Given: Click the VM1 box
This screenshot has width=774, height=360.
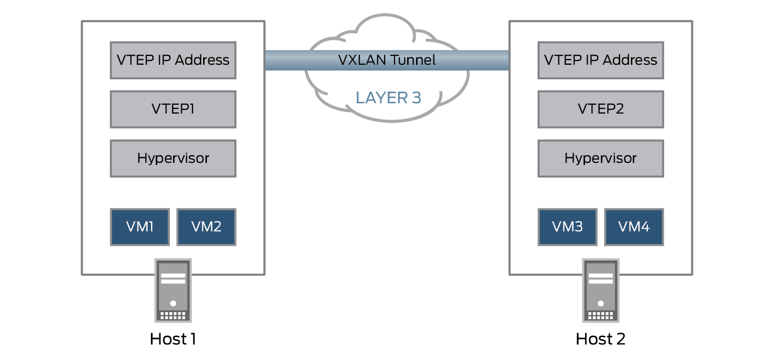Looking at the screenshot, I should tap(140, 227).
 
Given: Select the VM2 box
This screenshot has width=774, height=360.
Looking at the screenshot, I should tap(206, 227).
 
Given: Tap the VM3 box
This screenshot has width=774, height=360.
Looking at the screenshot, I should tap(568, 227).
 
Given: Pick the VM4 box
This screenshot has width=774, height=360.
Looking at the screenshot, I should tap(634, 227).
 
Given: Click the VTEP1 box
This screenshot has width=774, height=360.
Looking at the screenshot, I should tap(173, 109).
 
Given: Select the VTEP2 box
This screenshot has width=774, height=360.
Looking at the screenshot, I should tap(600, 109).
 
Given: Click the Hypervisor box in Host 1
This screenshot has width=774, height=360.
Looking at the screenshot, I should tap(173, 159).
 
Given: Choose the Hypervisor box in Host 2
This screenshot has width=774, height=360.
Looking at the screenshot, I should tap(600, 159).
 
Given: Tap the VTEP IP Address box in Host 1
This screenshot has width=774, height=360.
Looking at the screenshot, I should tap(173, 61).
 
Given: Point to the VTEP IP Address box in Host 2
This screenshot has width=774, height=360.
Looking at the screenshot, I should tap(600, 61).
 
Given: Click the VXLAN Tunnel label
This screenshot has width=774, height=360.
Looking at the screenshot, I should tap(387, 60).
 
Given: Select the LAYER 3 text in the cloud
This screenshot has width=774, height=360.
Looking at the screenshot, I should tap(388, 98).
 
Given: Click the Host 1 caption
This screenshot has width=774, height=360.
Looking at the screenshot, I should tap(173, 339).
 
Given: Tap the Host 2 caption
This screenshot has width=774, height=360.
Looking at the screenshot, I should tap(600, 339).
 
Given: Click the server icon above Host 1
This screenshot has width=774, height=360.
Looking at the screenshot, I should tap(173, 290).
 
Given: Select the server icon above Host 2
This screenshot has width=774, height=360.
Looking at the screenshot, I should tap(601, 290).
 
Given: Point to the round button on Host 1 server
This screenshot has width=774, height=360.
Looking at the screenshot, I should tap(173, 303).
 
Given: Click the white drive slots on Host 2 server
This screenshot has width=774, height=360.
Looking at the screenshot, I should tap(601, 278).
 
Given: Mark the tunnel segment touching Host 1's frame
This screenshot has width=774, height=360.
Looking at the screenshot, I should tap(277, 60).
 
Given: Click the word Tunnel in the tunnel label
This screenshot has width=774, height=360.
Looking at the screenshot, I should tap(412, 60).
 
